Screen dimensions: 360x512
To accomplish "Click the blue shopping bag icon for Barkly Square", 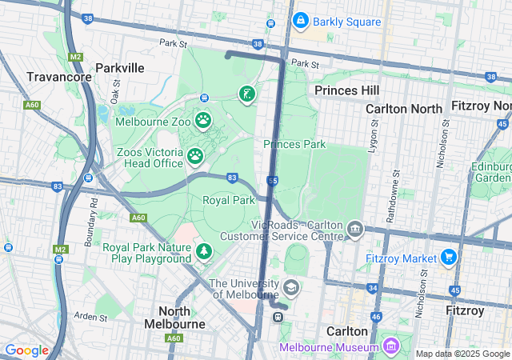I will click(x=300, y=20).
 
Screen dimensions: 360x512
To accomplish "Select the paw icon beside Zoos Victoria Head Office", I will click(x=195, y=156).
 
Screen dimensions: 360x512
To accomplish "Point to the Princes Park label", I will click(x=294, y=144).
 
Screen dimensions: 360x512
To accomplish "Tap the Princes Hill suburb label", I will click(x=346, y=90).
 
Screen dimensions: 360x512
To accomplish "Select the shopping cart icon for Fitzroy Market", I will click(x=449, y=258).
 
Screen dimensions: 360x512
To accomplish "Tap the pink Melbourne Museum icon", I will click(x=391, y=346).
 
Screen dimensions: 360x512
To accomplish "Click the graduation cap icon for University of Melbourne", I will click(x=291, y=286).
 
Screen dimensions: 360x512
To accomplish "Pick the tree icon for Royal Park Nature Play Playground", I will click(x=204, y=253).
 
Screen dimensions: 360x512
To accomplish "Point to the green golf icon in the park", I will click(x=247, y=94).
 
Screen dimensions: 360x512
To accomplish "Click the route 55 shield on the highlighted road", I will click(x=273, y=182).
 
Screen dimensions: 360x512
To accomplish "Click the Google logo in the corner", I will click(x=26, y=350).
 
